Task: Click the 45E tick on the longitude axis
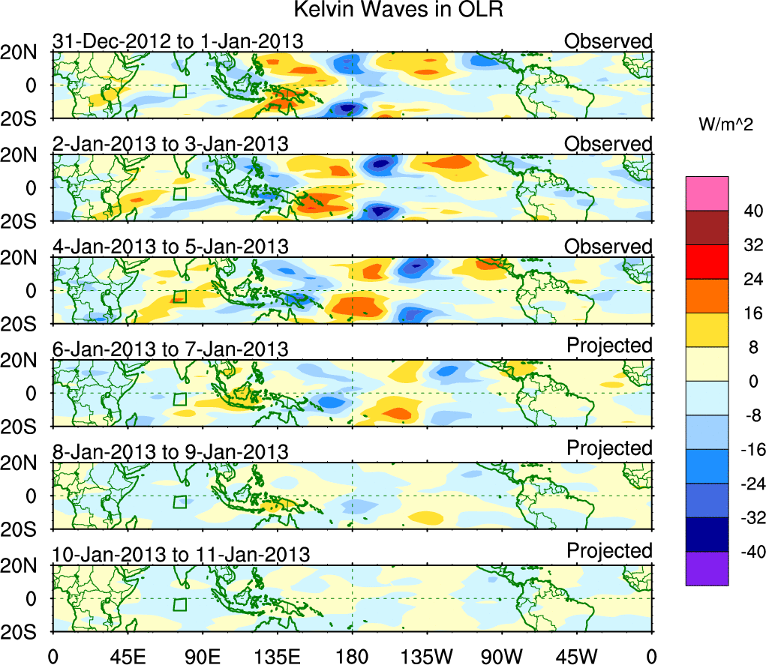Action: point(127,656)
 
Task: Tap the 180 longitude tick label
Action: point(352,656)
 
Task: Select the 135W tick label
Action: point(427,656)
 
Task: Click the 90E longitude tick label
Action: point(202,656)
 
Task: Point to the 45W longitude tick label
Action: point(577,656)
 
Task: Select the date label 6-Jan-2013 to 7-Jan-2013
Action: point(170,349)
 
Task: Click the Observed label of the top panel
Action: point(608,40)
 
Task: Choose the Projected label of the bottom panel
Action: point(609,551)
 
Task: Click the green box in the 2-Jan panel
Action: point(179,193)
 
